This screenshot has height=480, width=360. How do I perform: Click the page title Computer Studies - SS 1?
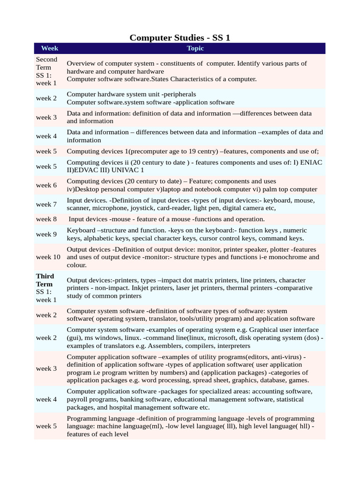(180, 37)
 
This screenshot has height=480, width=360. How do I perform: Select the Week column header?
(50, 48)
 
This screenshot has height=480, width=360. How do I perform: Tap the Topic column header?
(195, 48)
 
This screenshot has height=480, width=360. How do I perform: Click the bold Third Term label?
(45, 280)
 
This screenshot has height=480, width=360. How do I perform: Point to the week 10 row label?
(48, 257)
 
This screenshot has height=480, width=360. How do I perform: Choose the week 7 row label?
(46, 204)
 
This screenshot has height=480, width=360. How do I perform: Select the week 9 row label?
(46, 234)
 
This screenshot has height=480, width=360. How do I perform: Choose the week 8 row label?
(46, 219)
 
